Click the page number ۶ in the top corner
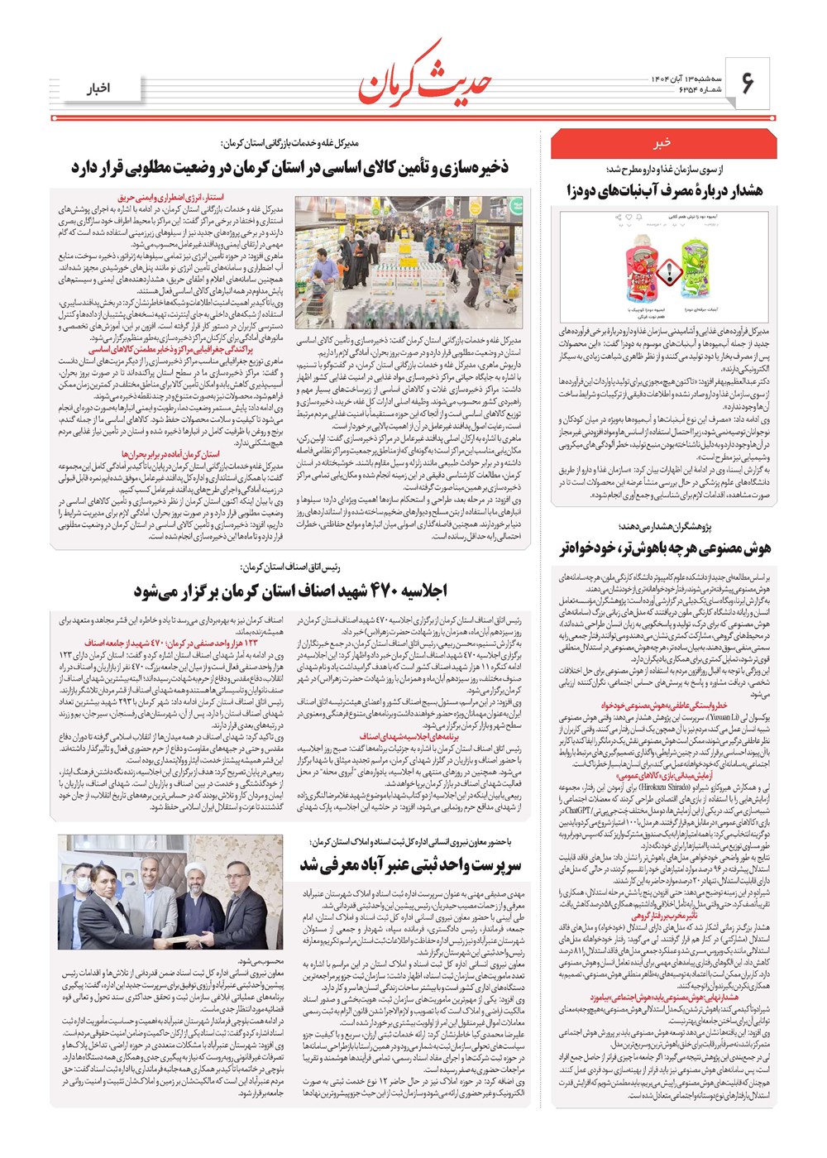748,83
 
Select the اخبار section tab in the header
100,89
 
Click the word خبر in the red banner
662,143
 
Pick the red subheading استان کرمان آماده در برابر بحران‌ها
171,454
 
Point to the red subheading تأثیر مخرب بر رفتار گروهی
664,916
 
